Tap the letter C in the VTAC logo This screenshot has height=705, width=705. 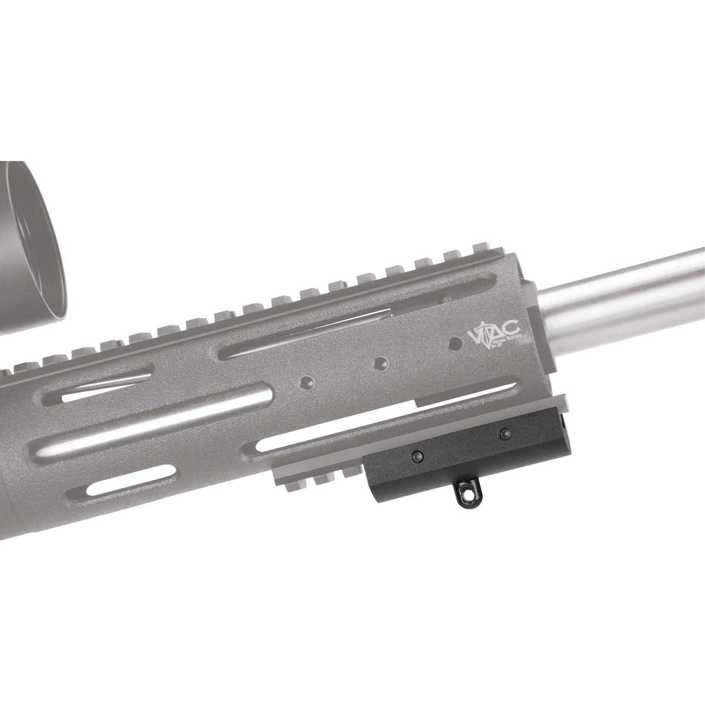pos(512,334)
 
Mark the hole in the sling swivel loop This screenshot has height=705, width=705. pos(466,499)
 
